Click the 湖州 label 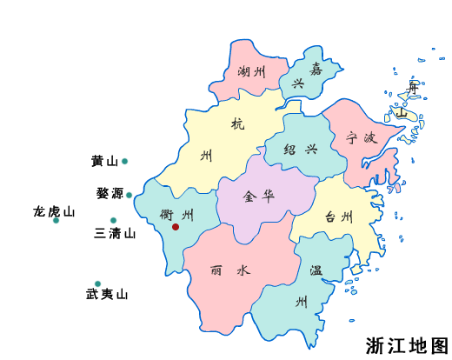coord(250,72)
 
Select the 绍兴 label coord(300,149)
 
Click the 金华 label coord(259,196)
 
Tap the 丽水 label coord(230,270)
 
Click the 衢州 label coord(177,215)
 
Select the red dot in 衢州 coord(176,227)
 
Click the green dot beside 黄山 coord(124,161)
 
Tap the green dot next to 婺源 coord(129,195)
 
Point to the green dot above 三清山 coord(114,221)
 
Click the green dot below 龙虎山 coord(56,220)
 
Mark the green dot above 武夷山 coord(97,283)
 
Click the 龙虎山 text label coord(54,210)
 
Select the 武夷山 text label coord(107,295)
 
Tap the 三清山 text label coord(116,233)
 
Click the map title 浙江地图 coord(407,345)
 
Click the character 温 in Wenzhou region coord(316,270)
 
